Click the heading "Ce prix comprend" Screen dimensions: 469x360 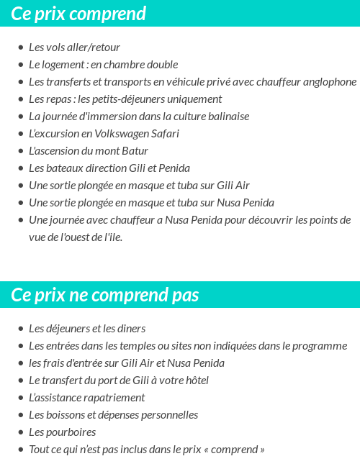pos(79,14)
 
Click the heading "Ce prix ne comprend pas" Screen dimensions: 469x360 pos(105,295)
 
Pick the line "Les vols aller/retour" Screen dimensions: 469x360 pos(74,47)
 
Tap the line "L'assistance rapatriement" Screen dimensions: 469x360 pos(86,398)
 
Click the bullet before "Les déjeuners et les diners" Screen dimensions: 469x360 pos(20,329)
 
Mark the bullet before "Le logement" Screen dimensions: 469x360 pos(20,65)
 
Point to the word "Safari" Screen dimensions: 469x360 pos(165,134)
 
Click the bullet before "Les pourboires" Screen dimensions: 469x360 pos(20,432)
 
